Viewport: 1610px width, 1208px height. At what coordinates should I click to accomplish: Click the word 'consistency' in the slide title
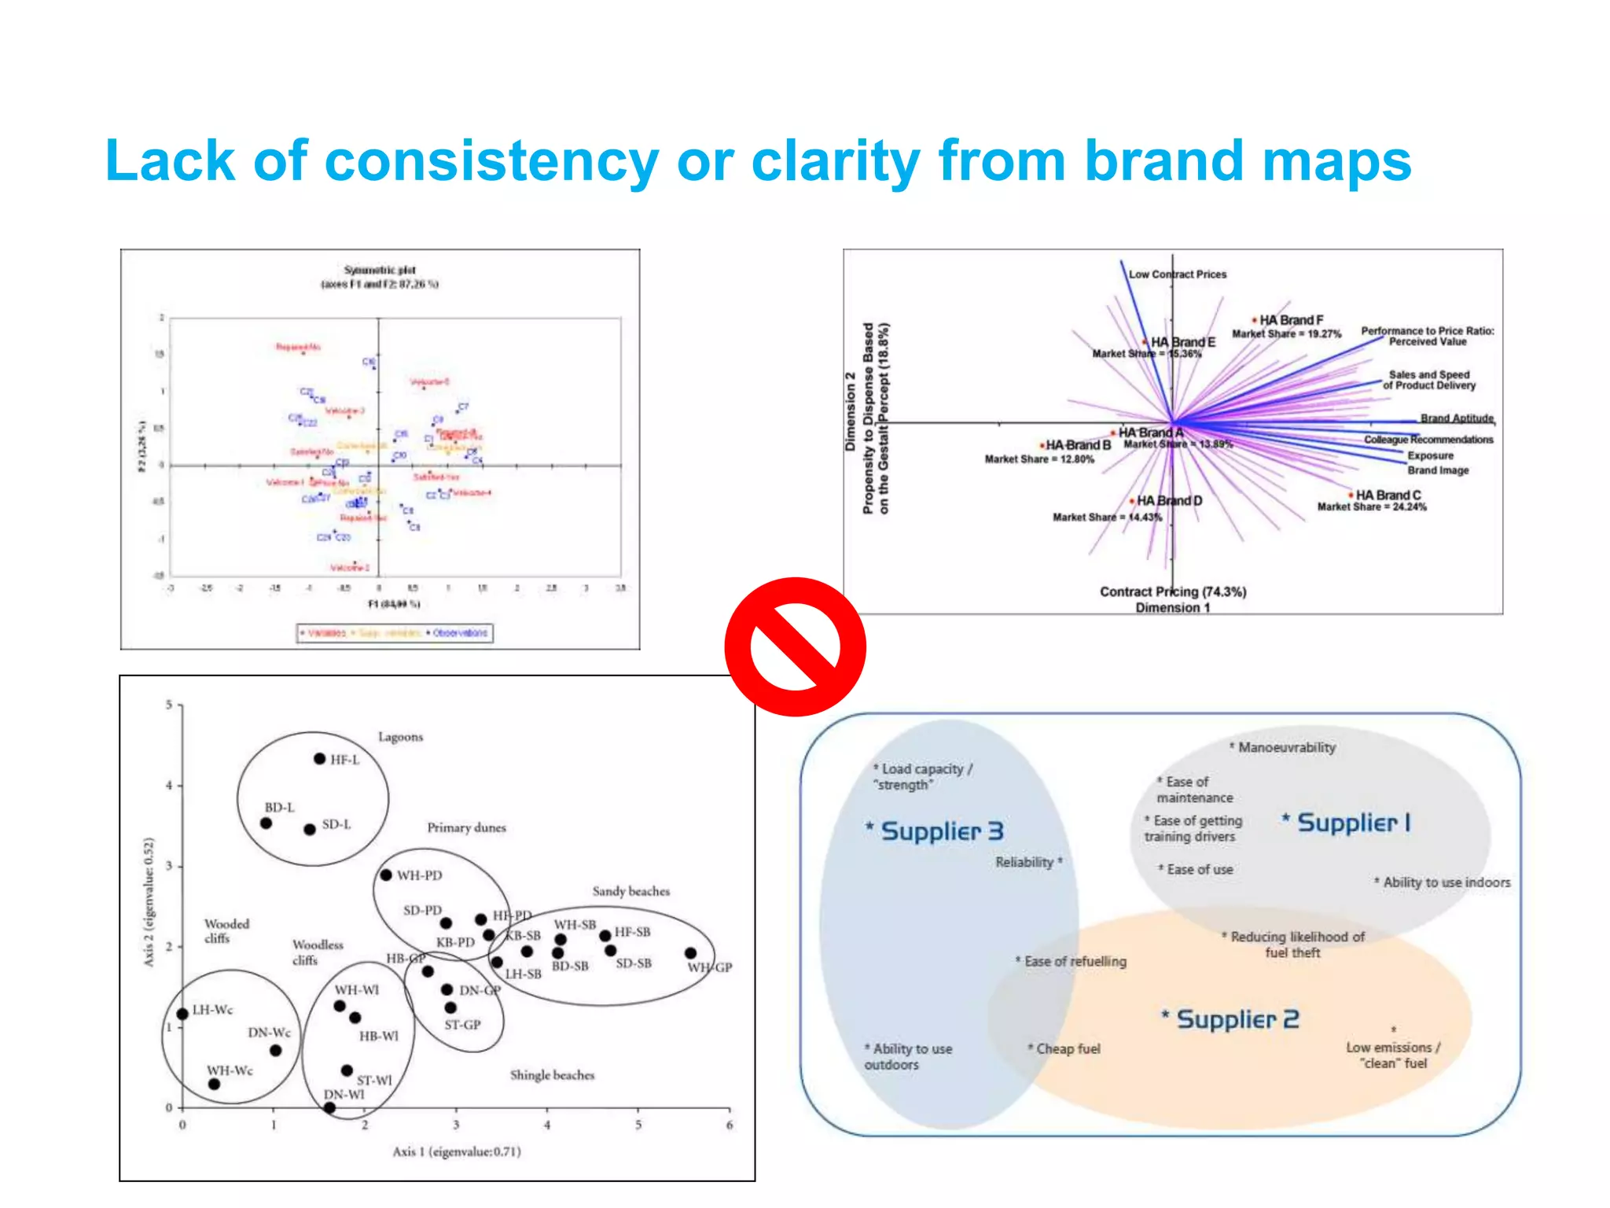[x=491, y=161]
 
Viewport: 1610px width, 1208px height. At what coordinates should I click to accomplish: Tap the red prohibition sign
[x=795, y=646]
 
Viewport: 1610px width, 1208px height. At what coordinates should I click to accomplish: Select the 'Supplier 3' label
[x=941, y=830]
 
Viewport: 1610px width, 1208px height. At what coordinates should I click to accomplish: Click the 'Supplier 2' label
[x=1237, y=1019]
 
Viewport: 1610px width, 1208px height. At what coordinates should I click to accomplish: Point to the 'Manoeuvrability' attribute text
[x=1286, y=747]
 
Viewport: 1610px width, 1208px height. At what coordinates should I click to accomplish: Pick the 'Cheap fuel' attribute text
[x=1068, y=1048]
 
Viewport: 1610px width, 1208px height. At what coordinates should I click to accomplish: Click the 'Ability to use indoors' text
[x=1446, y=882]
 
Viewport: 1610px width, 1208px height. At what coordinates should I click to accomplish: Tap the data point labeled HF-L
[x=319, y=759]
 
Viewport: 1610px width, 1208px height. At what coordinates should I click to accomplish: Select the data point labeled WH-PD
[x=386, y=875]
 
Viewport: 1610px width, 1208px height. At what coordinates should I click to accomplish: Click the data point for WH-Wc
[x=214, y=1084]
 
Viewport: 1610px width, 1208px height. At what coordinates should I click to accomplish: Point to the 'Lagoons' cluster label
[x=400, y=737]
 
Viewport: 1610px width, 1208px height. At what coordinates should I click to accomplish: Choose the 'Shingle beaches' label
[x=552, y=1075]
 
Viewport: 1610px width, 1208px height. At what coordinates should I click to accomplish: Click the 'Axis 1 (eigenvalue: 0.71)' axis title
[x=457, y=1151]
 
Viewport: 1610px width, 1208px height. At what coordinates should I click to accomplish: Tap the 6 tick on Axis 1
[x=730, y=1125]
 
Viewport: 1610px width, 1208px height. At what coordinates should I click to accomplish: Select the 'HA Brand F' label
[x=1291, y=320]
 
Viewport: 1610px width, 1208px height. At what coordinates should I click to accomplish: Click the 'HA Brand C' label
[x=1388, y=495]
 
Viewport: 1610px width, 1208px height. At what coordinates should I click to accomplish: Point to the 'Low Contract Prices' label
[x=1177, y=274]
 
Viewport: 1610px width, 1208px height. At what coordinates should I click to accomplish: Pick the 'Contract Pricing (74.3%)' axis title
[x=1173, y=591]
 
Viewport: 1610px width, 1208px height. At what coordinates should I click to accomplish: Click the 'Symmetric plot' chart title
[x=380, y=270]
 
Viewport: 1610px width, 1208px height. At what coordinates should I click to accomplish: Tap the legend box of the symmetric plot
[x=395, y=632]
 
